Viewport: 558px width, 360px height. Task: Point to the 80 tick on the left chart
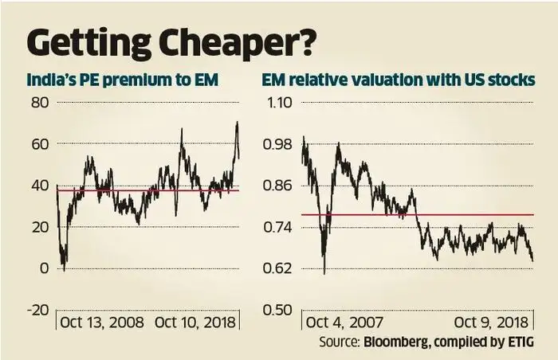point(40,103)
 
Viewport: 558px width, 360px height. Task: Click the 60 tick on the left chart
point(40,144)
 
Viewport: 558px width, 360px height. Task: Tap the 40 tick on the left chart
point(40,186)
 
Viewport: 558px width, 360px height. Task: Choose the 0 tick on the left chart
point(44,268)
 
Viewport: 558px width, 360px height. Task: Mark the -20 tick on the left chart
point(37,310)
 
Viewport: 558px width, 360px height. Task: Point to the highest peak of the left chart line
point(237,123)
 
